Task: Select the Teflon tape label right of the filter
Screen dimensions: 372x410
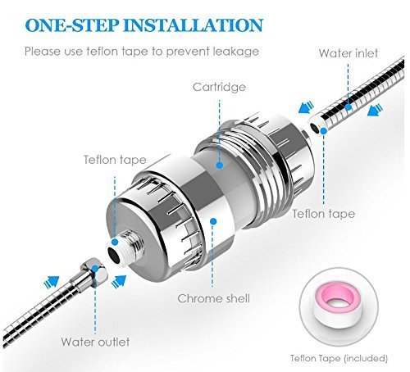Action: coord(325,214)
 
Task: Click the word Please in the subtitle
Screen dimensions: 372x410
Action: coord(43,52)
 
